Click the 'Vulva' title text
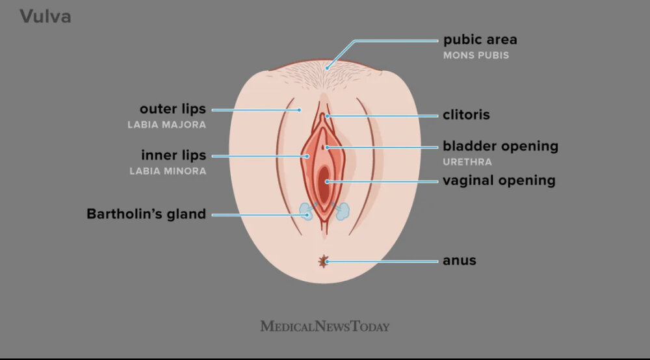45,17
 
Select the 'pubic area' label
480,40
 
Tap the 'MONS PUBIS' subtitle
476,55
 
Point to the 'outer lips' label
173,109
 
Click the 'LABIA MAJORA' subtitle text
166,125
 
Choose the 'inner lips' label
174,155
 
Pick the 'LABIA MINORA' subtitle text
168,171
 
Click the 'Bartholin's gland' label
146,214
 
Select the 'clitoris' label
466,115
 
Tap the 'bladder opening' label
500,146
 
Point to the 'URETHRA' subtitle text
467,162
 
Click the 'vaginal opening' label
499,181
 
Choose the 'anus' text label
460,261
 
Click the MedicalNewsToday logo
325,326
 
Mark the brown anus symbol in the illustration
323,261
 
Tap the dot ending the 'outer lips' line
299,110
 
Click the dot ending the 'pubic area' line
327,68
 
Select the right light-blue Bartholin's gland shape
342,211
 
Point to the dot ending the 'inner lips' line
307,156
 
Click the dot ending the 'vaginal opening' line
327,181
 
